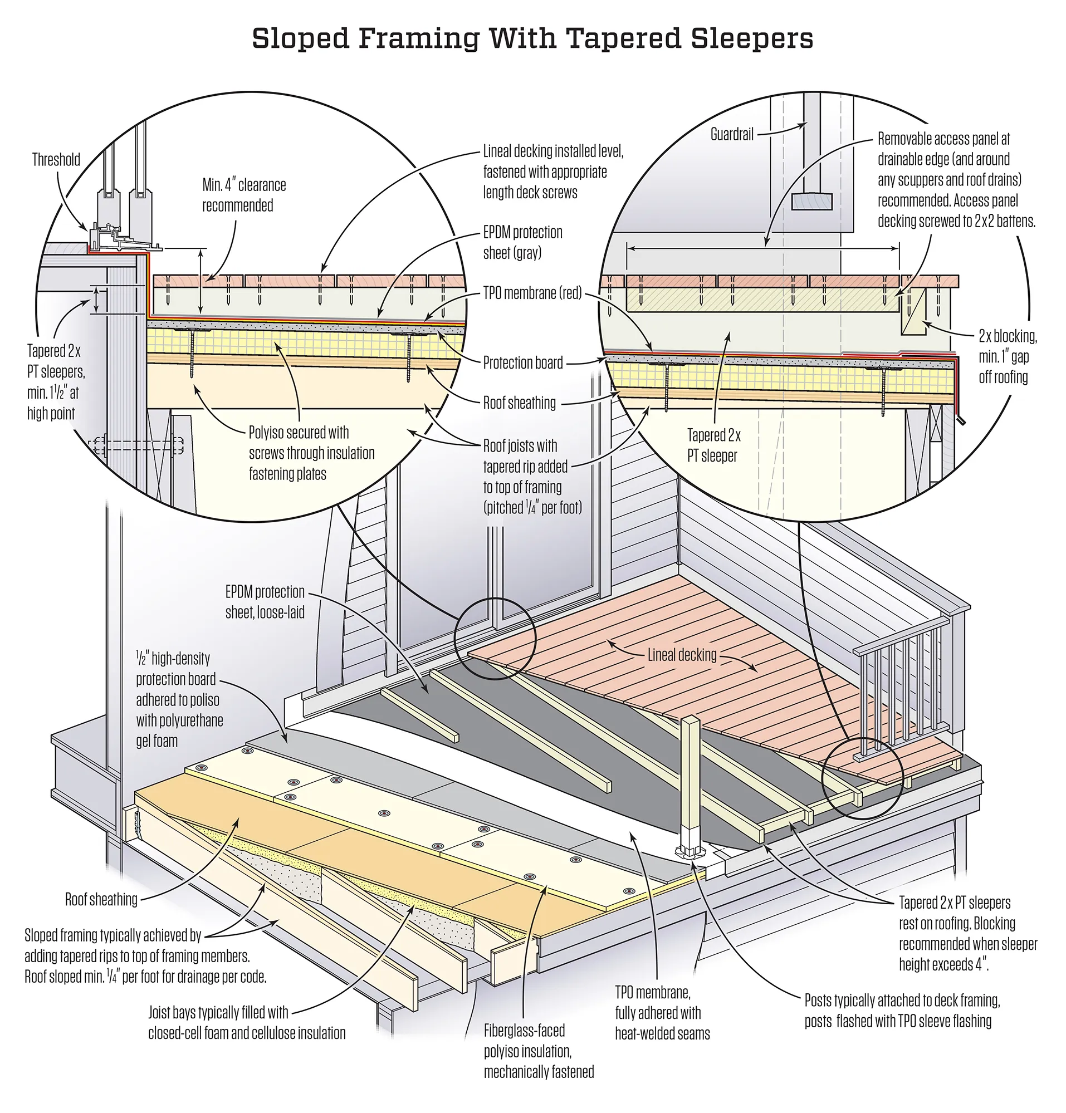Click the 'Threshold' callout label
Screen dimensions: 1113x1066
pos(56,160)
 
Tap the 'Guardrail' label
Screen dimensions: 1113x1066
pos(731,135)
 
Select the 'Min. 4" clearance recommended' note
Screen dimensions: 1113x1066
pos(243,195)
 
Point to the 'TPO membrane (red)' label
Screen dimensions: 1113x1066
pos(531,293)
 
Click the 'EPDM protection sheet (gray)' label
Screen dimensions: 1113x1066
pos(522,242)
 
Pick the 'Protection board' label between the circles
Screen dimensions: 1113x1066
pos(522,362)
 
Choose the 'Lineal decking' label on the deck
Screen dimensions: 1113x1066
pos(682,655)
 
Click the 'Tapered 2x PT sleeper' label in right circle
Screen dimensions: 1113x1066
pos(713,445)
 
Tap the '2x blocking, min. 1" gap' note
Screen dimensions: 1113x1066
pos(1007,356)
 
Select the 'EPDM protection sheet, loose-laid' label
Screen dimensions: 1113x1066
pos(265,602)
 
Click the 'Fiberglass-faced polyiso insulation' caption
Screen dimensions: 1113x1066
pos(539,1051)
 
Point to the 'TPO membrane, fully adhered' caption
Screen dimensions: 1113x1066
pos(662,1012)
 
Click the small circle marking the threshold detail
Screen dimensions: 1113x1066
pos(495,638)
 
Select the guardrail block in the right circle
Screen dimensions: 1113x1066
pos(811,202)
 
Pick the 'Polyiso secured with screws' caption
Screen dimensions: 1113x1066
pos(311,453)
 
